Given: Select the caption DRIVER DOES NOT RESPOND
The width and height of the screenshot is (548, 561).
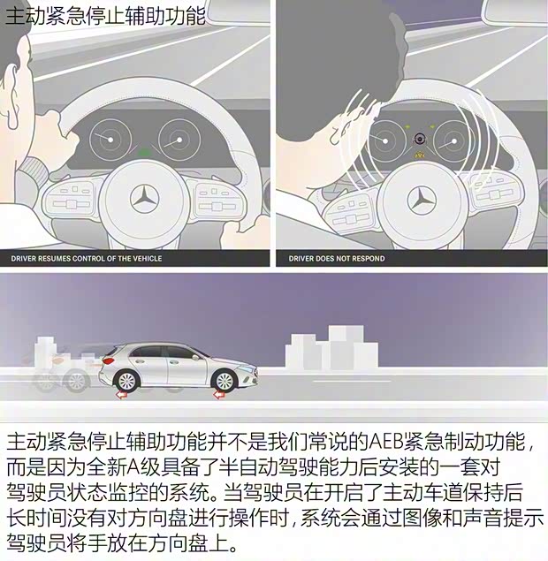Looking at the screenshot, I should click(337, 259).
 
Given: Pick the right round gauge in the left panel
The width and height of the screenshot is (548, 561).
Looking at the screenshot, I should click(178, 139).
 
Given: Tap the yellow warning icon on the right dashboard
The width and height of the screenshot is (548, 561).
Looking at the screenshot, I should click(420, 154).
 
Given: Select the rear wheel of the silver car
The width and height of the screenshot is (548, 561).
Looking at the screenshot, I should click(123, 379).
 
